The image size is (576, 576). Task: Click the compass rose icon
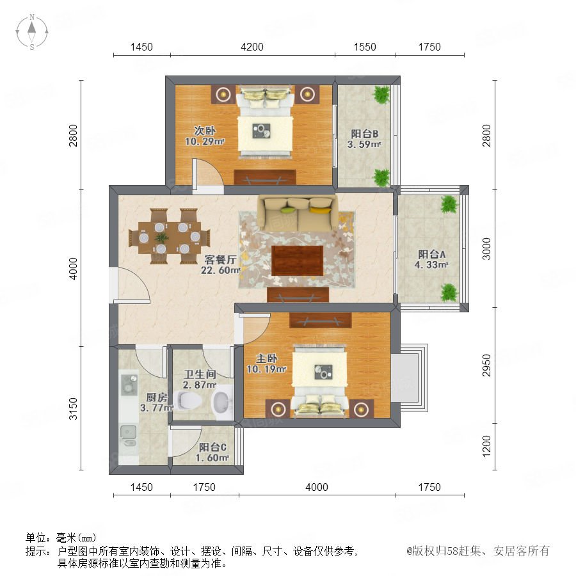pyautogui.click(x=32, y=32)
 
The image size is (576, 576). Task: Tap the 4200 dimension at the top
pyautogui.click(x=252, y=47)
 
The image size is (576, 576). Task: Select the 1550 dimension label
pyautogui.click(x=365, y=47)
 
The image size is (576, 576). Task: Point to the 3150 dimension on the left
pyautogui.click(x=74, y=408)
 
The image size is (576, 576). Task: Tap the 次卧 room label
pyautogui.click(x=205, y=131)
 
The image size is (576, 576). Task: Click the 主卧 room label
pyautogui.click(x=267, y=358)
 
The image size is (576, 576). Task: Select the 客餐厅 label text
pyautogui.click(x=220, y=260)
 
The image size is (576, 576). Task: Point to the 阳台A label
pyautogui.click(x=431, y=254)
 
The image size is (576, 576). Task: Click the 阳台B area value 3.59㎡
pyautogui.click(x=364, y=145)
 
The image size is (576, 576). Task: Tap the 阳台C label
pyautogui.click(x=212, y=447)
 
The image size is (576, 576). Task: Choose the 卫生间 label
pyautogui.click(x=200, y=374)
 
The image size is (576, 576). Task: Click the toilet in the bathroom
pyautogui.click(x=188, y=400)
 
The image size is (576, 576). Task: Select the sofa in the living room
pyautogui.click(x=298, y=213)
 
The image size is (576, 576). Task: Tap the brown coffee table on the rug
pyautogui.click(x=297, y=260)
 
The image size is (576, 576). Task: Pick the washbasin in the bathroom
pyautogui.click(x=222, y=402)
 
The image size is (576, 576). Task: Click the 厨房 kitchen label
pyautogui.click(x=157, y=397)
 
